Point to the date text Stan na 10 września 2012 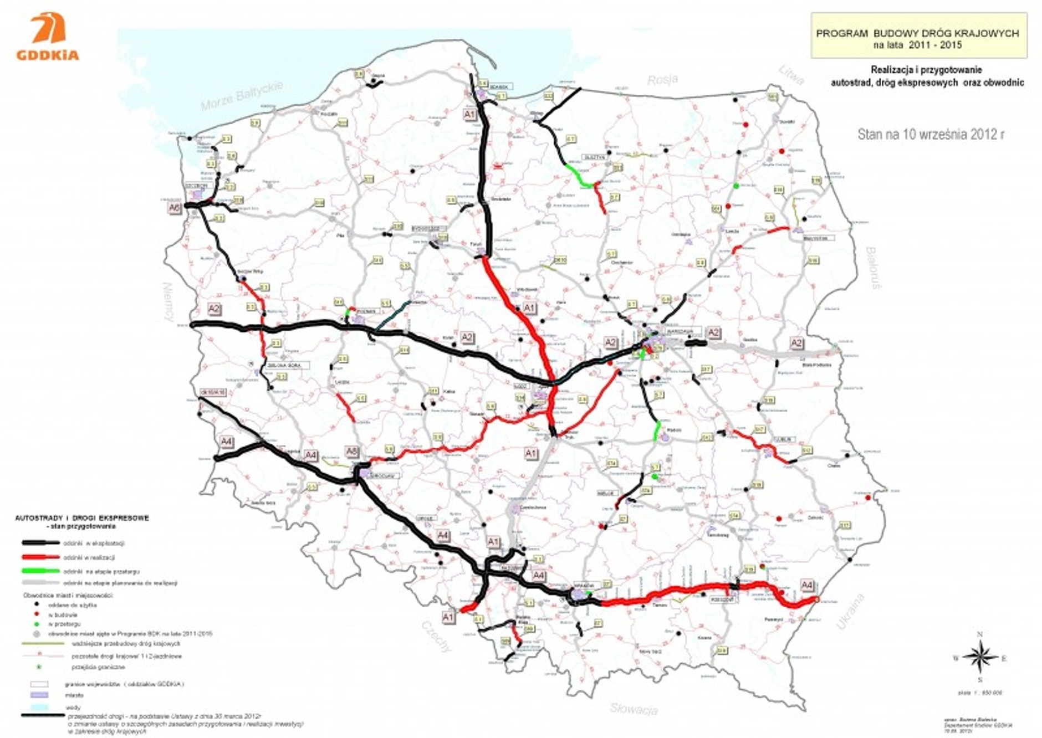[x=931, y=134]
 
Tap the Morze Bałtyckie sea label [x=242, y=95]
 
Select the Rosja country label [x=662, y=80]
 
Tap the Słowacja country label [x=634, y=708]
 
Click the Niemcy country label [x=167, y=302]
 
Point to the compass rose [x=980, y=657]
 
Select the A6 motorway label [x=175, y=208]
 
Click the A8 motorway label [x=352, y=452]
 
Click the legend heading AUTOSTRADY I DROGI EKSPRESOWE [x=81, y=518]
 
